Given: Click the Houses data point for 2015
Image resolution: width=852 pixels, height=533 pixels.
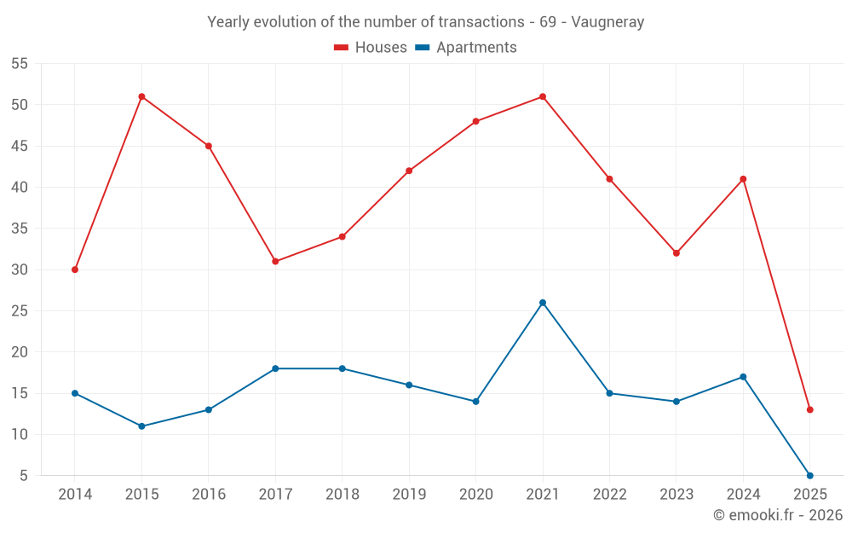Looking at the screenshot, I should pos(141,96).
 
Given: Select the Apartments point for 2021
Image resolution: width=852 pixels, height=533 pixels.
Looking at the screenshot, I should pos(543,303).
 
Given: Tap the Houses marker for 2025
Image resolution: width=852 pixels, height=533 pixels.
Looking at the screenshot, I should pos(809,409).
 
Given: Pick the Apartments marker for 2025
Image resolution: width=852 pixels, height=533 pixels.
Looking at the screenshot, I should pos(809,475).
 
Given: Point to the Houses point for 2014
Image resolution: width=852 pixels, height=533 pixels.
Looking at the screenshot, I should pos(75,269).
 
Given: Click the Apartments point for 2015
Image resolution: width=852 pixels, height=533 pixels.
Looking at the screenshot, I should pos(141,426).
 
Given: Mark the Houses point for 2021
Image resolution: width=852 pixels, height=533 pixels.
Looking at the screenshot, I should pos(543,96).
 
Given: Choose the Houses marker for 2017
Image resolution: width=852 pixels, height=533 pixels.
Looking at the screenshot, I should pos(275,261).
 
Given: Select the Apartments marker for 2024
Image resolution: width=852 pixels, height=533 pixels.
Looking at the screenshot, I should pos(743,377).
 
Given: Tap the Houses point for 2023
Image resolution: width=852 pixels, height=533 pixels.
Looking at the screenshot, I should pos(676,253).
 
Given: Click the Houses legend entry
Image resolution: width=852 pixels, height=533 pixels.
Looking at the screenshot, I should pos(371,48).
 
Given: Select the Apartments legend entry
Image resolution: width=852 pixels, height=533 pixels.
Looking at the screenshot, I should pos(466,48).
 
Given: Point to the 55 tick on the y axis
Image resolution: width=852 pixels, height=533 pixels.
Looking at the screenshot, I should pos(19,64).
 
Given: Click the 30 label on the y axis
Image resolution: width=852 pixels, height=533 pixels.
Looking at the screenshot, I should pos(19,269).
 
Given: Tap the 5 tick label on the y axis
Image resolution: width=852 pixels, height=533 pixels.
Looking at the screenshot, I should pos(23,476).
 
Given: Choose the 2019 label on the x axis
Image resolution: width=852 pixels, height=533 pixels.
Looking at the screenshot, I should pos(409,495).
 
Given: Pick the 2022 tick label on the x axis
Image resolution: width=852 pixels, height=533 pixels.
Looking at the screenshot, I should pos(609,495).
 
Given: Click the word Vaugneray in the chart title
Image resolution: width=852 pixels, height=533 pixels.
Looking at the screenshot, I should pos(607,22).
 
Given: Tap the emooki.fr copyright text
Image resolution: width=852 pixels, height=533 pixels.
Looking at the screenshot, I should pos(777,515).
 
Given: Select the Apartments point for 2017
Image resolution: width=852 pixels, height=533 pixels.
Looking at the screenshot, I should pos(275,368).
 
